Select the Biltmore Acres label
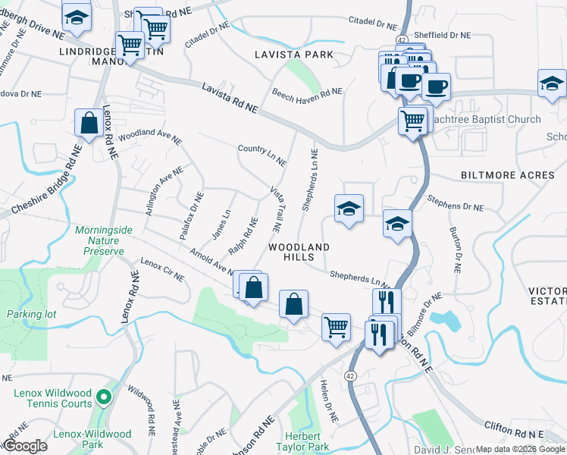click(x=508, y=175)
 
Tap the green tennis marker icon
click(x=103, y=396)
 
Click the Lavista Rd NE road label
click(x=230, y=99)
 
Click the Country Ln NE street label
click(x=262, y=155)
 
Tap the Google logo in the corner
click(x=24, y=446)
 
